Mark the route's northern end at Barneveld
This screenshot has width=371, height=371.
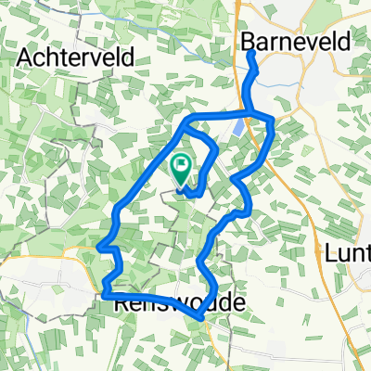pos(251,55)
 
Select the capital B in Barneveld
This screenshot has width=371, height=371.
pos(249,40)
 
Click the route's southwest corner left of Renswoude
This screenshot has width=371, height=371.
pos(104,293)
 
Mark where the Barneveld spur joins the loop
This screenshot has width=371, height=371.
pos(259,115)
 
